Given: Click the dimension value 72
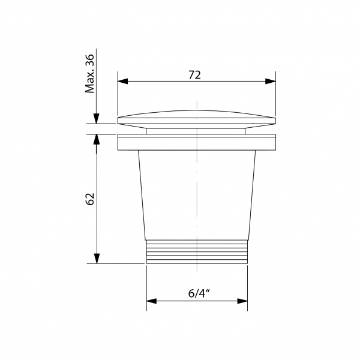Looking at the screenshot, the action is pyautogui.click(x=194, y=75).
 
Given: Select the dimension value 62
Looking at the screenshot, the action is pyautogui.click(x=90, y=199).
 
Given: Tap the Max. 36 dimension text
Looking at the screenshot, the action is pyautogui.click(x=89, y=73).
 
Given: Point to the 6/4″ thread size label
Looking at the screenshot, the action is pyautogui.click(x=199, y=293).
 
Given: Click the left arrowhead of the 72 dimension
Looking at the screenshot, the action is pyautogui.click(x=122, y=81).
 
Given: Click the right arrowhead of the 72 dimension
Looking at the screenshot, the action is pyautogui.click(x=271, y=81).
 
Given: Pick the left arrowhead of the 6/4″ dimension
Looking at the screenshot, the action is pyautogui.click(x=152, y=301).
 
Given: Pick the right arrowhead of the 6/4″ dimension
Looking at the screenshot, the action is pyautogui.click(x=242, y=301).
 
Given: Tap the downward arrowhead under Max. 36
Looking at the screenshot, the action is pyautogui.click(x=97, y=118).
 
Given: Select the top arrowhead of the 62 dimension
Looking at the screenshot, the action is pyautogui.click(x=97, y=139).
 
